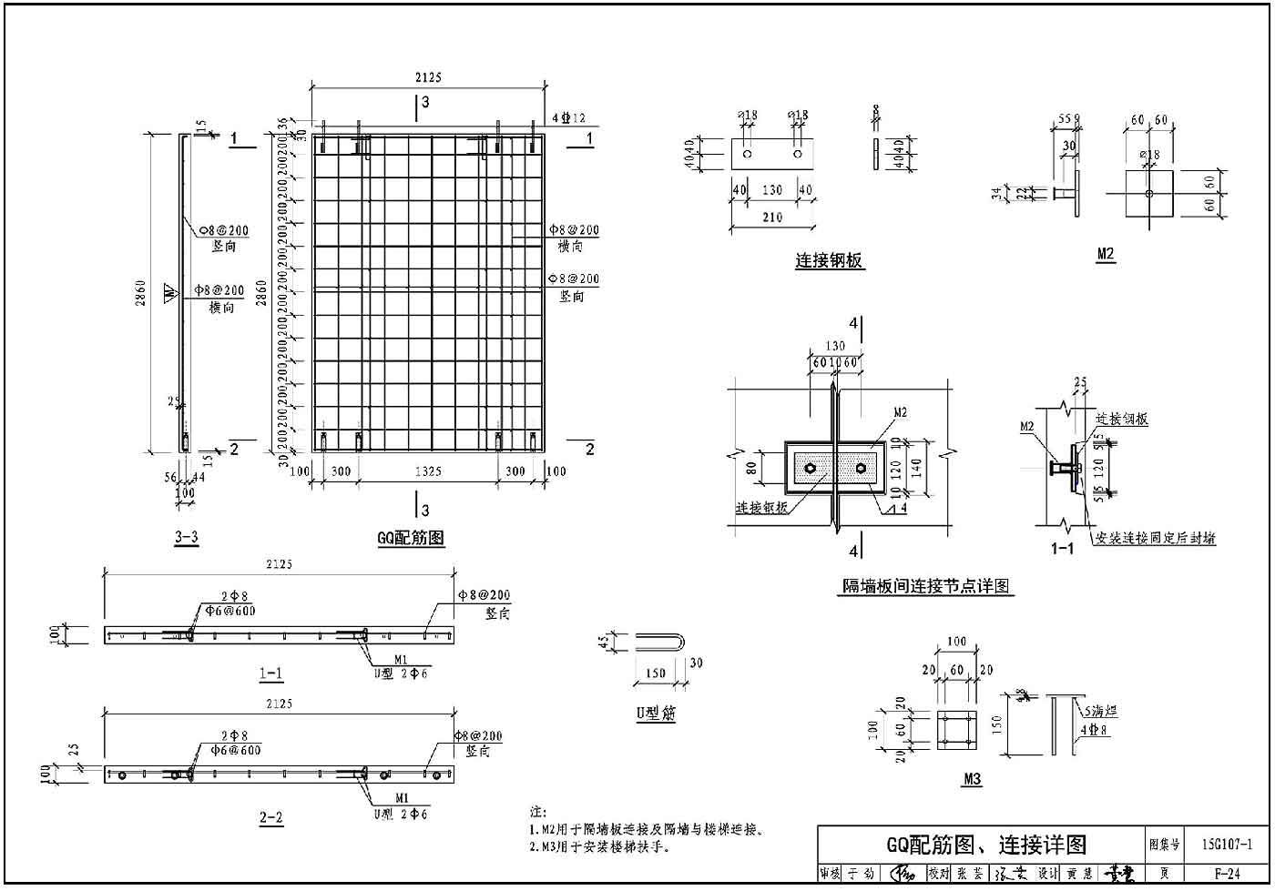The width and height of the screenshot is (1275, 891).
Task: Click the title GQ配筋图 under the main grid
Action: (411, 538)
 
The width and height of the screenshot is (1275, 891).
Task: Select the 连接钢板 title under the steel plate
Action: (830, 262)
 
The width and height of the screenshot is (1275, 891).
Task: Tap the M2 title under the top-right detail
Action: (1106, 256)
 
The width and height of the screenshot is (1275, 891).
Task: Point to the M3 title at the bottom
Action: (971, 780)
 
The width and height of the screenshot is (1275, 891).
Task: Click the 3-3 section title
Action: (186, 537)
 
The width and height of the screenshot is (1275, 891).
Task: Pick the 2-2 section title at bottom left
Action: (270, 818)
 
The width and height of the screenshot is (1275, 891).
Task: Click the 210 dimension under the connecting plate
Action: (771, 218)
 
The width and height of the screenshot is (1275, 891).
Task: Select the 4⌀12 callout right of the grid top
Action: (568, 118)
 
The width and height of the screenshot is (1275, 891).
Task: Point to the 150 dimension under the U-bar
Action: (654, 673)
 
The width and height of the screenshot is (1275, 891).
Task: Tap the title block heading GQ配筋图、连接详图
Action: (985, 845)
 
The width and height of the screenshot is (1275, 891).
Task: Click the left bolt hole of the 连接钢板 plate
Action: (747, 155)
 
